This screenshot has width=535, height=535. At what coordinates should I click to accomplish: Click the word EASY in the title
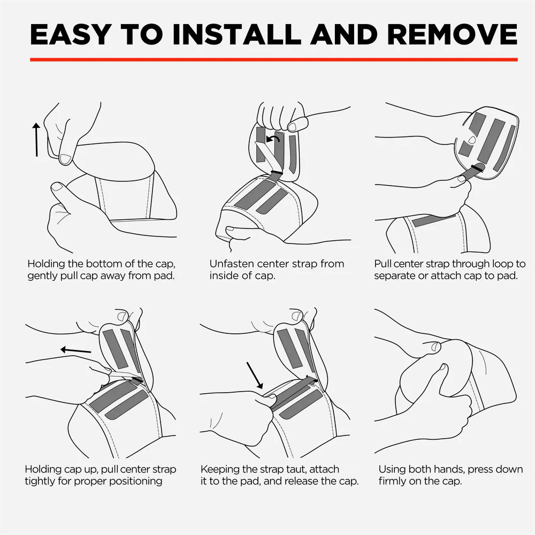70,34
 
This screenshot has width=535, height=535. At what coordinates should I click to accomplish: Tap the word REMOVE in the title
453,34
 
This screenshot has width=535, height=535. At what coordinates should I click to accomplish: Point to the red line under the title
273,60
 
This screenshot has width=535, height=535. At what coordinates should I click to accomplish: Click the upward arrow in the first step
36,140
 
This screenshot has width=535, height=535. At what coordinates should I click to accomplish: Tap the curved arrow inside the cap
273,139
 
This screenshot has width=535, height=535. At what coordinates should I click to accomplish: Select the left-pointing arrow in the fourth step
76,350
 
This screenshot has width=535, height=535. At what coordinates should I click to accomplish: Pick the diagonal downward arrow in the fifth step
255,376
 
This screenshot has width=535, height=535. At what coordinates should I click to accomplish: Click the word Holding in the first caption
46,264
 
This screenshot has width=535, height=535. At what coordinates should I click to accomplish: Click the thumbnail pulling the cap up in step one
65,159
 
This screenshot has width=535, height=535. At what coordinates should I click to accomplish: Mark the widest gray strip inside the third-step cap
491,141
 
